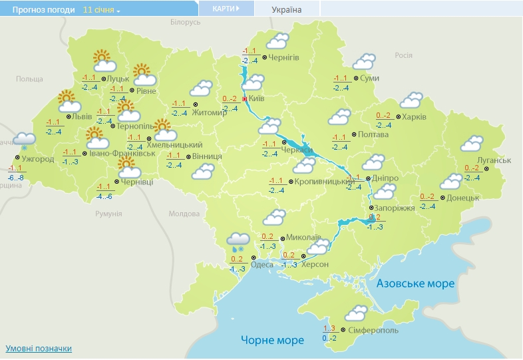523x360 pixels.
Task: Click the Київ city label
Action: click(257, 99)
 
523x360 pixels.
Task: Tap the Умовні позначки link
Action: click(39, 349)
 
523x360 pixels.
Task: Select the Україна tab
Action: click(287, 9)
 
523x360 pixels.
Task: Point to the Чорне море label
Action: click(272, 340)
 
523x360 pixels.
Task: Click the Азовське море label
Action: click(416, 283)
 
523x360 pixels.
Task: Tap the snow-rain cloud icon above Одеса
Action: click(238, 242)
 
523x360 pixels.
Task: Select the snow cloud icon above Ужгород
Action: click(23, 141)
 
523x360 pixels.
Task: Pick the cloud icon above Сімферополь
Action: click(356, 313)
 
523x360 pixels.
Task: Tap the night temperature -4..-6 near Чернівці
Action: click(104, 196)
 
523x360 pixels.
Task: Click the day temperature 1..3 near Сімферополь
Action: click(329, 328)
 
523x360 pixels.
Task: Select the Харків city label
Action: click(415, 117)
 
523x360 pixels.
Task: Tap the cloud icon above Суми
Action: click(363, 62)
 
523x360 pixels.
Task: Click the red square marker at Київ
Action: click(245, 98)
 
